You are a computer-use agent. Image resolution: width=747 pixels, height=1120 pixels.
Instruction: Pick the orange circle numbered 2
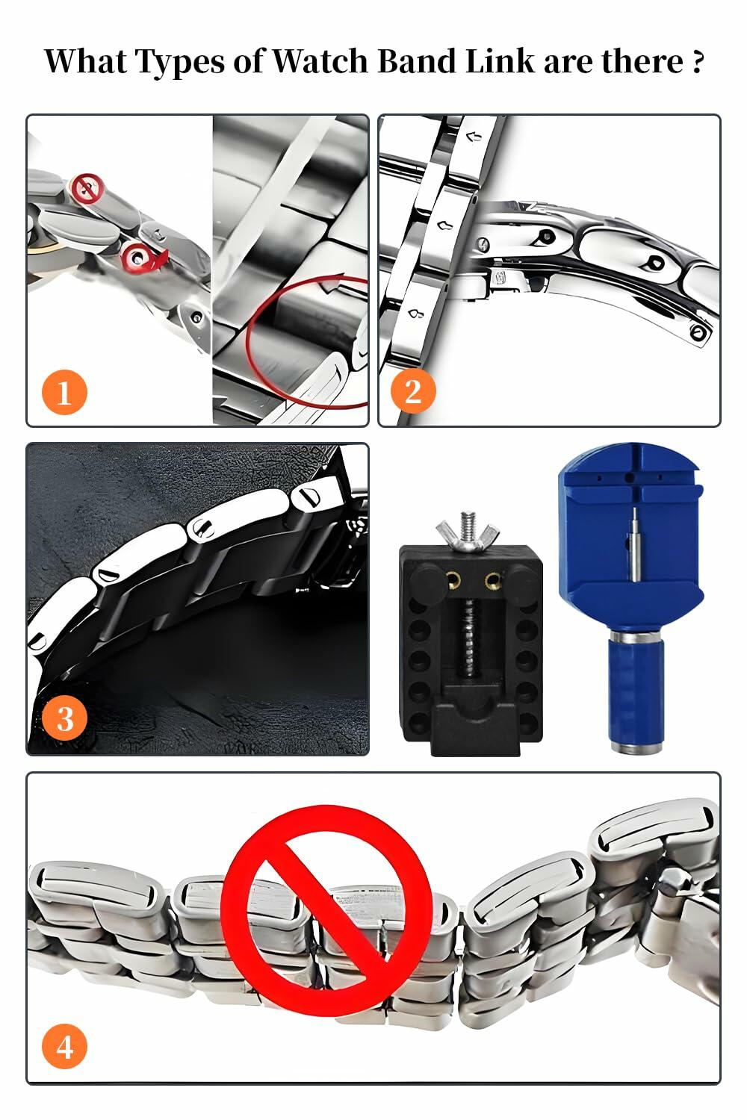click(x=412, y=391)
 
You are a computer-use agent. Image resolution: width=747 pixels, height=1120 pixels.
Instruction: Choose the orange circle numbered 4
click(x=65, y=1046)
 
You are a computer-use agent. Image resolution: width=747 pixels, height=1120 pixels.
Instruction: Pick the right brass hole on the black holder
click(x=491, y=580)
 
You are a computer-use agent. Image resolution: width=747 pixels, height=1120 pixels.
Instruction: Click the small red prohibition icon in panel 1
click(x=88, y=187)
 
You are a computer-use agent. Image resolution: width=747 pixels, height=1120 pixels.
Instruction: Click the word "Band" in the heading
click(x=417, y=61)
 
